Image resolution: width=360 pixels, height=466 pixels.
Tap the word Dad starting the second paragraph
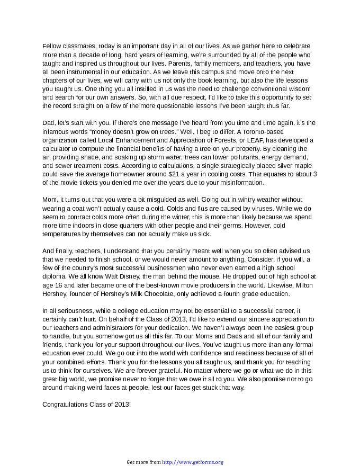48,122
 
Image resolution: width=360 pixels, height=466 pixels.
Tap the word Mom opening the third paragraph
49,200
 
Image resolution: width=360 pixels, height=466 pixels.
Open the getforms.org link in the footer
192,462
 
